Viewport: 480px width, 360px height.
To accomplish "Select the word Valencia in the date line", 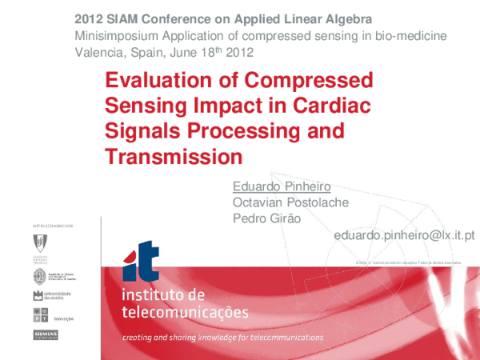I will point(102,54).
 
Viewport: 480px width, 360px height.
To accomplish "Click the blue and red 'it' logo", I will point(140,262).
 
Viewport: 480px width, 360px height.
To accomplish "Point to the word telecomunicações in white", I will point(185,311).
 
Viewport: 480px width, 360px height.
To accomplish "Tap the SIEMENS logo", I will point(45,334).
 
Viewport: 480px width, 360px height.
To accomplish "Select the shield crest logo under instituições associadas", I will point(38,242).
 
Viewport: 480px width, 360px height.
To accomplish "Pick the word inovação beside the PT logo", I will point(63,317).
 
